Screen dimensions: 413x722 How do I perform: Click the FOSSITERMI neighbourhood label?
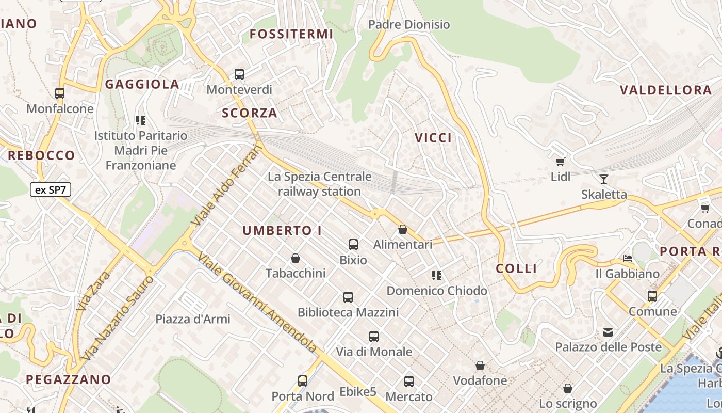[x=291, y=34]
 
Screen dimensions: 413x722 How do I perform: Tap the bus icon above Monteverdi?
[x=239, y=74]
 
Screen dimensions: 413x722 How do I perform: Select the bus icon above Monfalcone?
[x=60, y=93]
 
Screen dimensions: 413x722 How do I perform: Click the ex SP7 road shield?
[x=50, y=190]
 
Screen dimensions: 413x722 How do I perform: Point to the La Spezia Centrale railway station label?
[x=319, y=184]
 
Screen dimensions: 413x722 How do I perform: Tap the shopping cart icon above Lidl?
[x=561, y=162]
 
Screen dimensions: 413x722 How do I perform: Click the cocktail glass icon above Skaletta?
[x=604, y=179]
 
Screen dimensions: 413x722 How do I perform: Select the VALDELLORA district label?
[x=665, y=90]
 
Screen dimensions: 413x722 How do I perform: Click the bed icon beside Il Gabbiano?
[x=628, y=258]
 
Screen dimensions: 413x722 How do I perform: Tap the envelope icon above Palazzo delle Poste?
[x=609, y=332]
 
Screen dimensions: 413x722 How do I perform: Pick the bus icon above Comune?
[x=652, y=296]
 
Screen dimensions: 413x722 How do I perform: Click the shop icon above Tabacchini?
[x=296, y=258]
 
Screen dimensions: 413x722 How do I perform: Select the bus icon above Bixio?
[x=353, y=245]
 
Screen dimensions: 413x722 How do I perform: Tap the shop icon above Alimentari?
[x=403, y=229]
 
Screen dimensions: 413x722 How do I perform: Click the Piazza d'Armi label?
[x=193, y=319]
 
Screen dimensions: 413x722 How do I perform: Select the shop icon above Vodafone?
[x=480, y=366]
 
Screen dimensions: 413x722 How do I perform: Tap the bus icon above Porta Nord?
[x=303, y=381]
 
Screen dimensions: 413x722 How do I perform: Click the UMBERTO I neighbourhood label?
[x=282, y=231]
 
